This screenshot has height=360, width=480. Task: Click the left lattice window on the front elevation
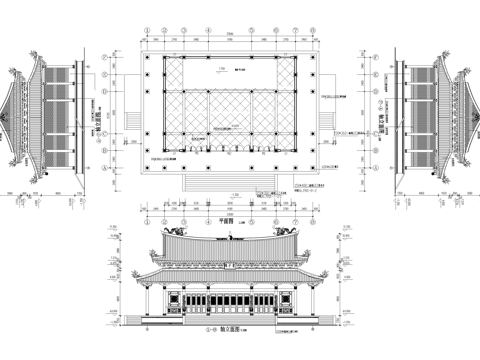(x=189, y=302)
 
